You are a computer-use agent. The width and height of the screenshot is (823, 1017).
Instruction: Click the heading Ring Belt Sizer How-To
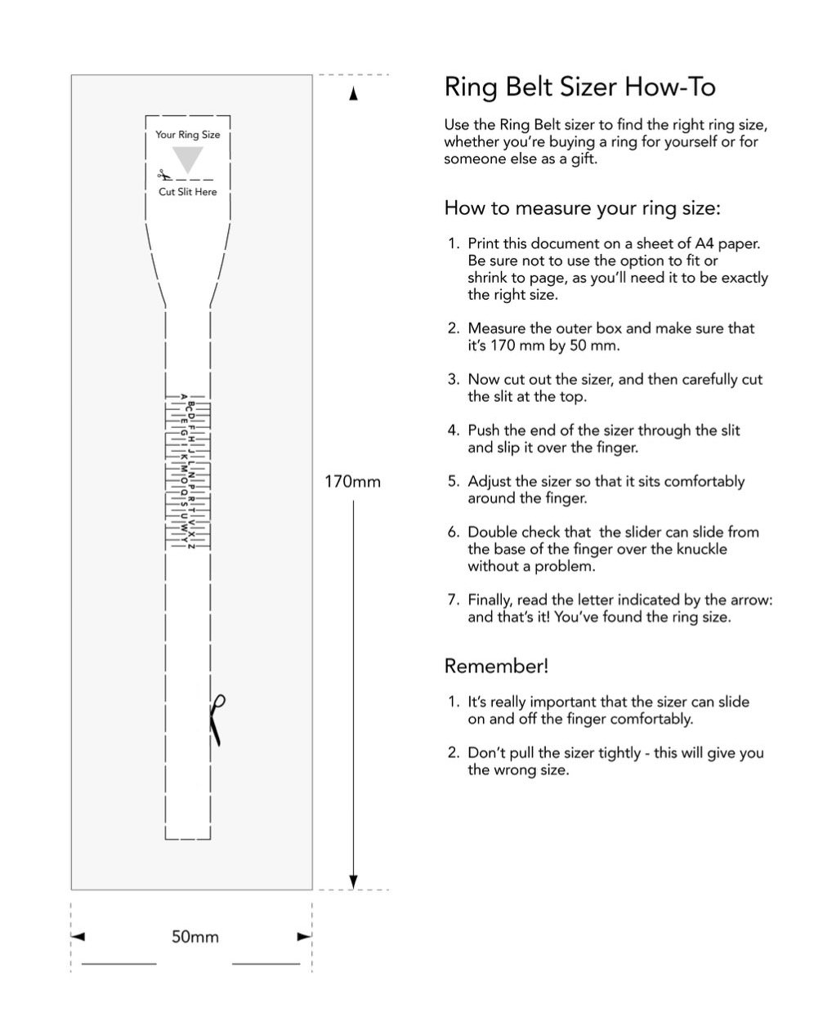[x=579, y=87]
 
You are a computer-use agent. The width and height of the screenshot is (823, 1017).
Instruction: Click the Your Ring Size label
[x=188, y=135]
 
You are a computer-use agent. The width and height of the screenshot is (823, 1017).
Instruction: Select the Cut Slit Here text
[x=188, y=192]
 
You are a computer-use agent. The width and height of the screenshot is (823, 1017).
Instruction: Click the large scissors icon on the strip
[x=217, y=719]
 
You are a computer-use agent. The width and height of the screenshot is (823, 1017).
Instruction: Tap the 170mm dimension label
[x=352, y=481]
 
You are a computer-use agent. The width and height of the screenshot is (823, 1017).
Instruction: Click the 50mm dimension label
[x=195, y=937]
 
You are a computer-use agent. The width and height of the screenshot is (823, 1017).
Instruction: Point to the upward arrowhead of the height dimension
[x=353, y=95]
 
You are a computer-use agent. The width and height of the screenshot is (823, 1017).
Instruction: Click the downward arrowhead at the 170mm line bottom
[x=353, y=881]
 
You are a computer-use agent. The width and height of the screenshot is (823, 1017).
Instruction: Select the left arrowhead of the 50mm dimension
[x=78, y=937]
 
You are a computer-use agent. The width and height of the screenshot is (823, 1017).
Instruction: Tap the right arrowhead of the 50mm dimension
[x=304, y=937]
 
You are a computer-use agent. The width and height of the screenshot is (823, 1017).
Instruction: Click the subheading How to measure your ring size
[x=582, y=208]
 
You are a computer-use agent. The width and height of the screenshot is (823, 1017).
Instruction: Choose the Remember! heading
[x=496, y=666]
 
